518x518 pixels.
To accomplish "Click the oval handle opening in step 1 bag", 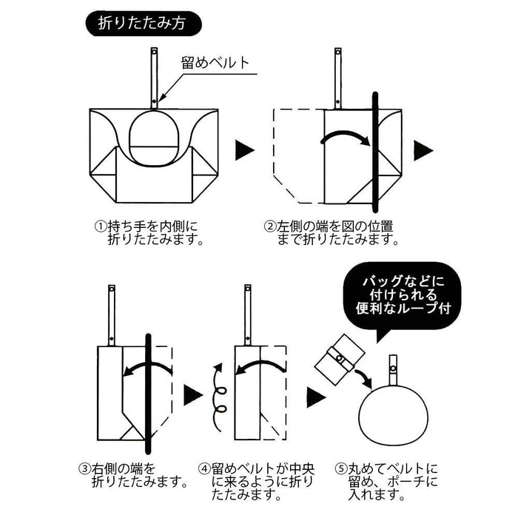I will (155, 138).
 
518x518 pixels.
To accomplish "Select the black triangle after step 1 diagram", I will (245, 151).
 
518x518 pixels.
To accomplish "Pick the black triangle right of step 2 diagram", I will (423, 151).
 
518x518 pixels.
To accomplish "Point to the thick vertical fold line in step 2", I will (375, 155).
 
